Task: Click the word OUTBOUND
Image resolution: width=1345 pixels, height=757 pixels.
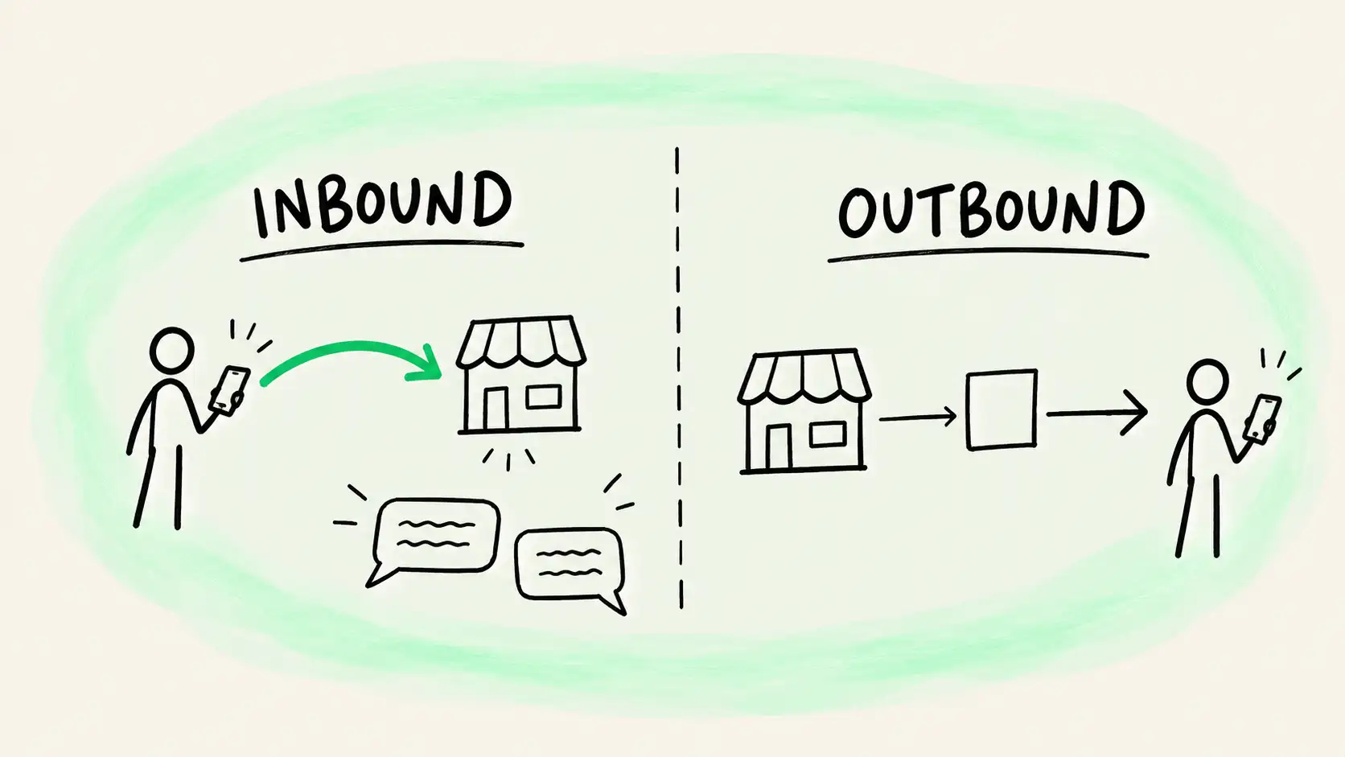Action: point(991,210)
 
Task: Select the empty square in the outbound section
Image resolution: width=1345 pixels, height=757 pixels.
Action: point(1002,409)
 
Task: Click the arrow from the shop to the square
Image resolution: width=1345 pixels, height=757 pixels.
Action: point(918,417)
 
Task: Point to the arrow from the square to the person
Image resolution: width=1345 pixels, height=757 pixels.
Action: point(1096,413)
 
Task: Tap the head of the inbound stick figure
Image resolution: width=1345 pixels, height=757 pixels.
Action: point(171,350)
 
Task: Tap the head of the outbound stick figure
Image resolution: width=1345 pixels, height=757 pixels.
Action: point(1207,382)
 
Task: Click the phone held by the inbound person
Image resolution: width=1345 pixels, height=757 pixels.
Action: point(228,389)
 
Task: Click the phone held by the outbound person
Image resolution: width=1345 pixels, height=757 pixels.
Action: point(1262,419)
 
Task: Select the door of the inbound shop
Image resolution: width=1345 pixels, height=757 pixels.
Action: point(496,409)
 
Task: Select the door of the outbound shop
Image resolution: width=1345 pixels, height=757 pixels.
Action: point(779,446)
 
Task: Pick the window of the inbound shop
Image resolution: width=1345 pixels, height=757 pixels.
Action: point(544,397)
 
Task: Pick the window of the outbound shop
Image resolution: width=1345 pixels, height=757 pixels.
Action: point(828,434)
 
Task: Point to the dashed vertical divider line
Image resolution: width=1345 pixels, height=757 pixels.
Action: point(679,378)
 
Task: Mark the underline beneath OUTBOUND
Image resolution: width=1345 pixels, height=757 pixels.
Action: point(989,255)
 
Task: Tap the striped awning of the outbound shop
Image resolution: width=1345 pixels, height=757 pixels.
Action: point(804,377)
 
